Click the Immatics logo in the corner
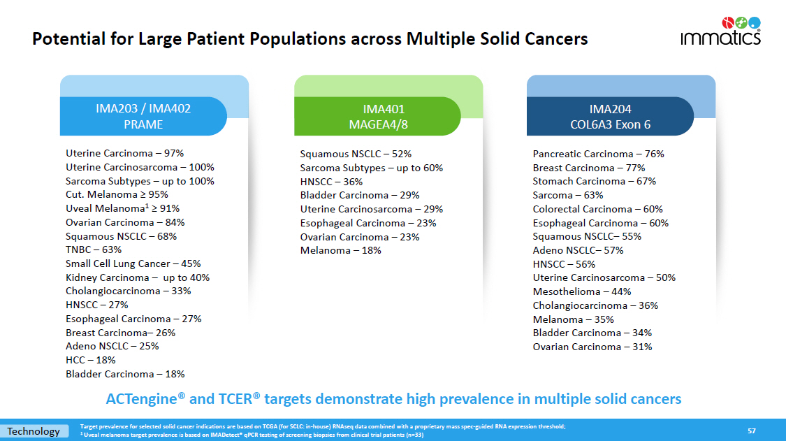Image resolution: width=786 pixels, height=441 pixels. [x=720, y=31]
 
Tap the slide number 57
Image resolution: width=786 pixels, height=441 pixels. [x=752, y=431]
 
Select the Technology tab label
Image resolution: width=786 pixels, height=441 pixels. [x=34, y=431]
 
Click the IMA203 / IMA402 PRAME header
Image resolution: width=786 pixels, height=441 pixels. [x=143, y=117]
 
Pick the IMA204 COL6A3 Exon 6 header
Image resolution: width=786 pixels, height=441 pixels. [x=610, y=117]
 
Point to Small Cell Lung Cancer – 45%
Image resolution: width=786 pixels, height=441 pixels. [x=133, y=263]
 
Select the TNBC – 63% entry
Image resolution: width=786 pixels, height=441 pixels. [x=94, y=250]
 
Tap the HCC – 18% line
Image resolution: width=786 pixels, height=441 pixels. [x=91, y=360]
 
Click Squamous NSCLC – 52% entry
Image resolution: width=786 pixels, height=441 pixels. [x=356, y=154]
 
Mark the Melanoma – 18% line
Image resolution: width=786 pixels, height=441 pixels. [x=340, y=250]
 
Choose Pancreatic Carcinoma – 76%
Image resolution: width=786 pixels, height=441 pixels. [x=598, y=154]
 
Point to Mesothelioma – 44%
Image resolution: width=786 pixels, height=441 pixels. [x=582, y=291]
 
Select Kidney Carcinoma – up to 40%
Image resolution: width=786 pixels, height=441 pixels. [x=137, y=277]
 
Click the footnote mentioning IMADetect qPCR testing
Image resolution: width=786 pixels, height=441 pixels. [x=252, y=435]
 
